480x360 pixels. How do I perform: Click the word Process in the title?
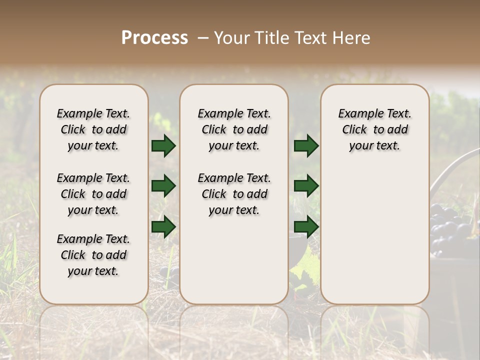tap(154, 38)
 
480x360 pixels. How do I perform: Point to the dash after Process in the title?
tap(202, 38)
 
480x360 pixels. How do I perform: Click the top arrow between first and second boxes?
tap(163, 146)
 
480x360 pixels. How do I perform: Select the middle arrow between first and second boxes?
tap(163, 186)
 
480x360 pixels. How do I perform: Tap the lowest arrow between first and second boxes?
tap(163, 226)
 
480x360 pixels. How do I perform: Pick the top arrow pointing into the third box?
tap(306, 146)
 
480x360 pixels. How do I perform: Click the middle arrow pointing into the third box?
tap(306, 186)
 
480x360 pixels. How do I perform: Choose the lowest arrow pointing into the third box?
tap(306, 226)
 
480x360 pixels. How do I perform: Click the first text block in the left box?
tap(93, 129)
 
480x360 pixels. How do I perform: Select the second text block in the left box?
tap(93, 194)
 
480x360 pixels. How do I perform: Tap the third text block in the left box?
tap(93, 255)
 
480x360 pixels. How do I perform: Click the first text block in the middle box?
tap(234, 129)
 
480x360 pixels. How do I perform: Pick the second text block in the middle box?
tap(234, 194)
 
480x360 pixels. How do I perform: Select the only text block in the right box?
tap(374, 129)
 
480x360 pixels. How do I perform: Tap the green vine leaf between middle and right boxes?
tap(304, 270)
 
